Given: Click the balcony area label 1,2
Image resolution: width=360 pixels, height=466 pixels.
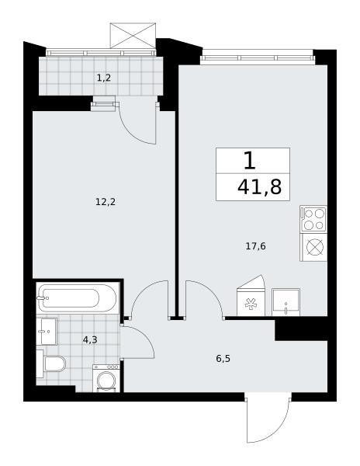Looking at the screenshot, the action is point(104,78).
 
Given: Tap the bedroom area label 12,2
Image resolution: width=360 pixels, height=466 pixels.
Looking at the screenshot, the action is point(106,202).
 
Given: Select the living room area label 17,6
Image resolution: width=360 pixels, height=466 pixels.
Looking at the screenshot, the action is point(255,246).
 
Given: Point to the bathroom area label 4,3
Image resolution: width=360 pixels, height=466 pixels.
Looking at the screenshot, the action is point(90,339).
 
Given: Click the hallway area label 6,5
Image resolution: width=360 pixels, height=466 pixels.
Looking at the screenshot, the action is point(223,359).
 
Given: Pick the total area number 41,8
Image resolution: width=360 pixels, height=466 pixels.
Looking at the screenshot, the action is point(259,187).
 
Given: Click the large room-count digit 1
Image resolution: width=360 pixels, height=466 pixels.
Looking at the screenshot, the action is point(250,161).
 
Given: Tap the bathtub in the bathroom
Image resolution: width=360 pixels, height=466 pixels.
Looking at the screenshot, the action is point(78,297).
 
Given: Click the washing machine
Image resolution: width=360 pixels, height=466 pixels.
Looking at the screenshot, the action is point(106,378).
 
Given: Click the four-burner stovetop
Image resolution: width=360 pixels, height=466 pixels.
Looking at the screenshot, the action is point(313,219).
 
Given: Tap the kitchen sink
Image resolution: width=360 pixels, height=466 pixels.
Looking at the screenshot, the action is point(286,302).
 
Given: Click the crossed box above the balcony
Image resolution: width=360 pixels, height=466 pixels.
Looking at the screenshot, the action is point(133,36).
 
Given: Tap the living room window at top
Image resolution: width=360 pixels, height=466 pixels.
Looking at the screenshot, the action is point(257,57).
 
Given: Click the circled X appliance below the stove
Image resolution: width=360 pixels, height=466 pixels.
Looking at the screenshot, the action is point(314,247).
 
